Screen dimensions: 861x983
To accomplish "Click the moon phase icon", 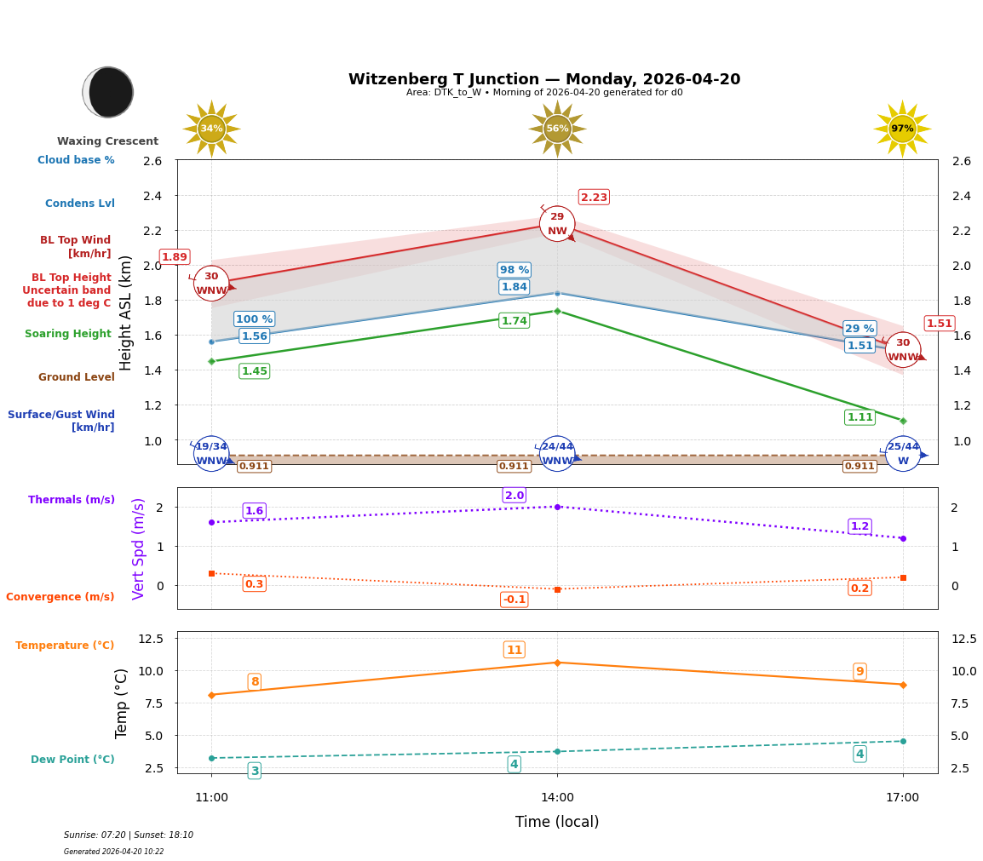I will [108, 92].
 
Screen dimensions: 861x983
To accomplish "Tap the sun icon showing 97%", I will [902, 129].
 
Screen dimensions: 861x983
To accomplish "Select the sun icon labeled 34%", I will [211, 129].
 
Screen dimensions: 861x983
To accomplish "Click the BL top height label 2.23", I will [594, 198].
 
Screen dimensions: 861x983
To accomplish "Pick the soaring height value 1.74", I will [514, 321].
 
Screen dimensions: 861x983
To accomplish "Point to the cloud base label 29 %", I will [859, 329].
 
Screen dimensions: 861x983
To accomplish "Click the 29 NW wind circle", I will [557, 224].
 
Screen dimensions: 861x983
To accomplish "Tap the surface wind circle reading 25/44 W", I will [903, 453].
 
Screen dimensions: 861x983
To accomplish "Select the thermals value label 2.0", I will [514, 496].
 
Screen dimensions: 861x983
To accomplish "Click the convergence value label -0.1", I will [514, 600].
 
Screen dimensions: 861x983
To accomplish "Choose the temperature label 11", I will [514, 650].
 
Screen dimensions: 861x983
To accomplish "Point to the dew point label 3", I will [254, 771].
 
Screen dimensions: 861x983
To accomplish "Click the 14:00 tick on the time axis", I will [557, 797].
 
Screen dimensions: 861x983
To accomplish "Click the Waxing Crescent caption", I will [107, 141].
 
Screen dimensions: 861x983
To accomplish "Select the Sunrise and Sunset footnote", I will [129, 835].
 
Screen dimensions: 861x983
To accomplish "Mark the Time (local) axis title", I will [557, 822].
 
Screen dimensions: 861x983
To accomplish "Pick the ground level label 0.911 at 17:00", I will [859, 466].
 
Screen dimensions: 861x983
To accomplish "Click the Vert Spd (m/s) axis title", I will [139, 548].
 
